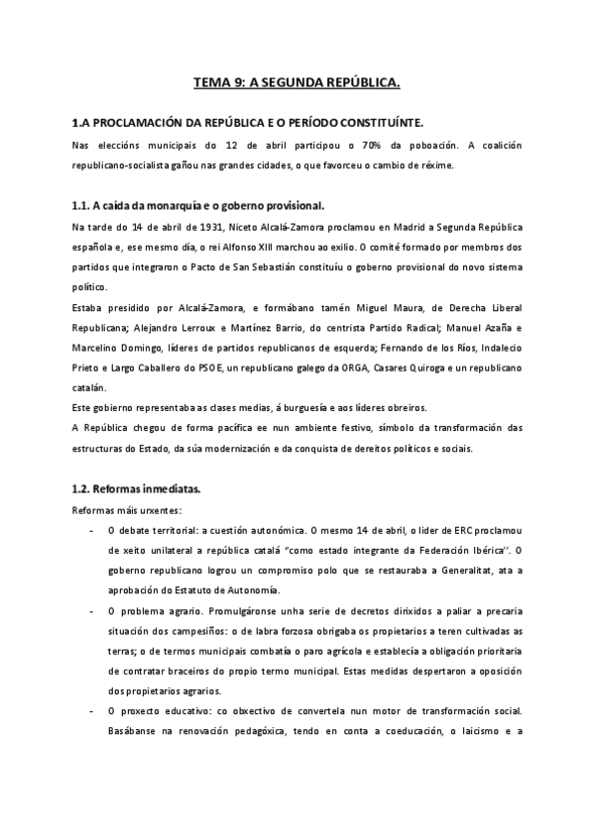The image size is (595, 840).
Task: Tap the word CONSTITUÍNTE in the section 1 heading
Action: (x=377, y=122)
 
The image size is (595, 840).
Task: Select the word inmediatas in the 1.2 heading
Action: (x=170, y=488)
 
